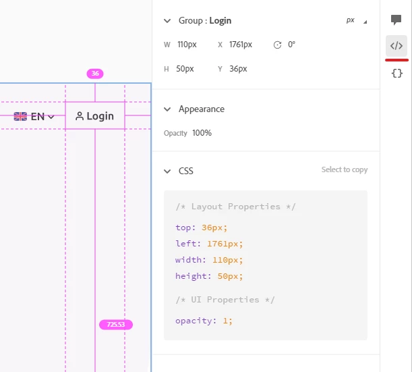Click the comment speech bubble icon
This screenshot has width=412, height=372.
(x=396, y=20)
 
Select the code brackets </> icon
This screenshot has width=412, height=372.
(x=396, y=46)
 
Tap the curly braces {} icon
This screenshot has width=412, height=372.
(x=397, y=73)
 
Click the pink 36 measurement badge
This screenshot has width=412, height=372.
(x=95, y=74)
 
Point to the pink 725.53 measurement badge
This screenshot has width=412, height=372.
(x=116, y=324)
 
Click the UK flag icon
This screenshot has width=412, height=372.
(x=20, y=116)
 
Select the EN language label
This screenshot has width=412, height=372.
(x=38, y=117)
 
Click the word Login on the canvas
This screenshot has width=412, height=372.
(x=100, y=116)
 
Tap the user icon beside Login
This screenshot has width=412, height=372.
(x=80, y=116)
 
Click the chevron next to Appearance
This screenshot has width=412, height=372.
(x=167, y=109)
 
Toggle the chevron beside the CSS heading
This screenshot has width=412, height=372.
(x=167, y=171)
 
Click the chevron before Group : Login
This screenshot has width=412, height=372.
(x=167, y=21)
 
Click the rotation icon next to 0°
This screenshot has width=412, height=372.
(x=277, y=45)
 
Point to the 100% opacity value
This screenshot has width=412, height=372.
(x=202, y=133)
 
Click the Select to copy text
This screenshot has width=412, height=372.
(x=345, y=169)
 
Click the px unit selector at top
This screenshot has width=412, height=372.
(x=350, y=20)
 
